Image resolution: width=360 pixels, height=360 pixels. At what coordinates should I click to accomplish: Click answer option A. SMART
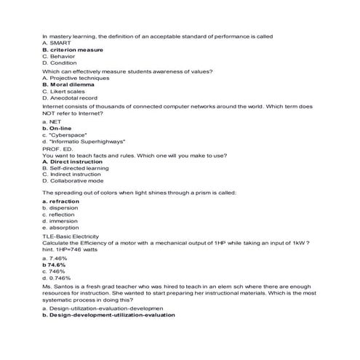tap(57, 43)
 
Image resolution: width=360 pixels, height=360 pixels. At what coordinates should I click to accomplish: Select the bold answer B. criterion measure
tap(73, 49)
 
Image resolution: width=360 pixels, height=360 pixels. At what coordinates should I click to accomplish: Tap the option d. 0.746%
tap(56, 278)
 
